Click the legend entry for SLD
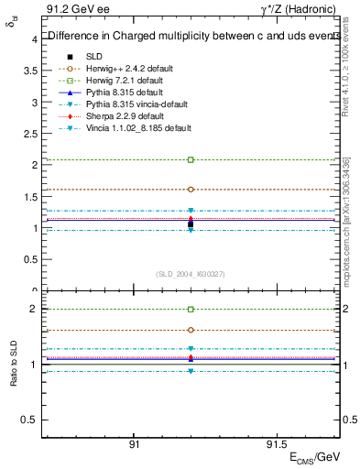[93, 56]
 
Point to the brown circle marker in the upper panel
[191, 189]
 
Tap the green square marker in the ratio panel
[191, 310]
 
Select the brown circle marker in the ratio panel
[191, 330]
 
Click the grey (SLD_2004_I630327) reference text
[191, 273]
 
